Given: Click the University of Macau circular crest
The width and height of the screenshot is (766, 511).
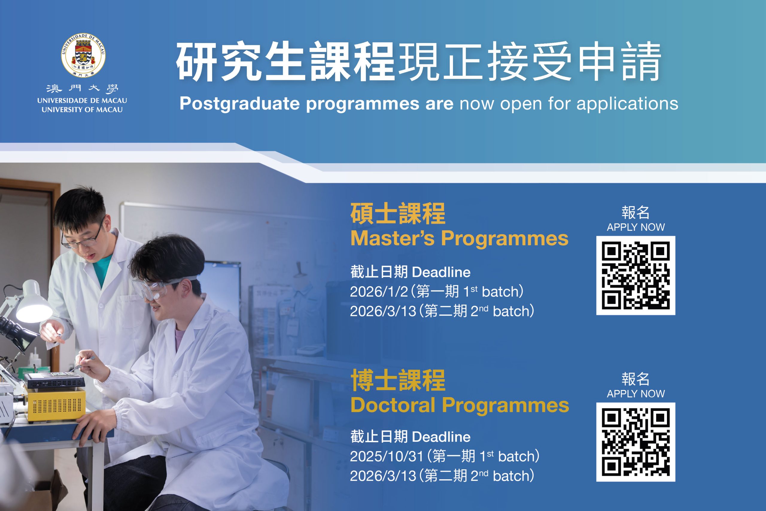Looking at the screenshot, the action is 83,55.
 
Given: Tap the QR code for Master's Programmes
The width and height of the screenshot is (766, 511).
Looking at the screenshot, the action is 636,275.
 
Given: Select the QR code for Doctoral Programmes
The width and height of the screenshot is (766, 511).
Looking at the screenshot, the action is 636,442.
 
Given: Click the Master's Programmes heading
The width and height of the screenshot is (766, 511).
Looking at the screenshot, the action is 459,238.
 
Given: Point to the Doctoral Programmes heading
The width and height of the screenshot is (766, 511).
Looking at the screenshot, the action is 460,405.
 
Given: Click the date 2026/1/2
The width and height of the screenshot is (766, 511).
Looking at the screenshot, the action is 379,292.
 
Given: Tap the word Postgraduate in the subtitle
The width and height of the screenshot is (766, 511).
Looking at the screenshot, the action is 240,104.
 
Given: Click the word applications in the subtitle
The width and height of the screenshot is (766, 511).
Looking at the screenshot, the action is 627,104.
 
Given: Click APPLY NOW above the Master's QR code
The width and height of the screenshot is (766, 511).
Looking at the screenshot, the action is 636,227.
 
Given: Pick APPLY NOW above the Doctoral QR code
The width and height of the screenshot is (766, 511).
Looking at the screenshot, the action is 636,394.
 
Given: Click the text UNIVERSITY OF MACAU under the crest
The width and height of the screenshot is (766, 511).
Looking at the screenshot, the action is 82,110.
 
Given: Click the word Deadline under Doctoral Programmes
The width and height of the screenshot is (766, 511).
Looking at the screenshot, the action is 441,437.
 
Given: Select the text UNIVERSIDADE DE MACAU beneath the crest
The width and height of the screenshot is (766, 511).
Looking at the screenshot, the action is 82,101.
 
